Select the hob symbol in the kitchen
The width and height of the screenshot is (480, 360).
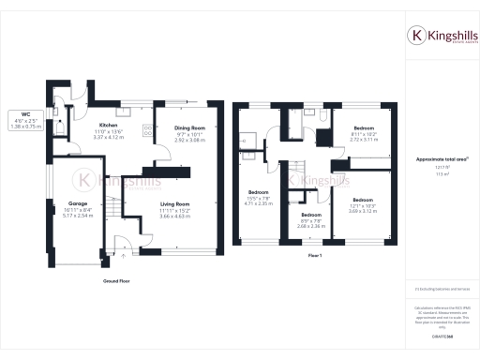[149, 131]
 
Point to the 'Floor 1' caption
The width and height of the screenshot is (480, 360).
[314, 255]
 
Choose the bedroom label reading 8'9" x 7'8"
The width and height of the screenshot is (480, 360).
[311, 220]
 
